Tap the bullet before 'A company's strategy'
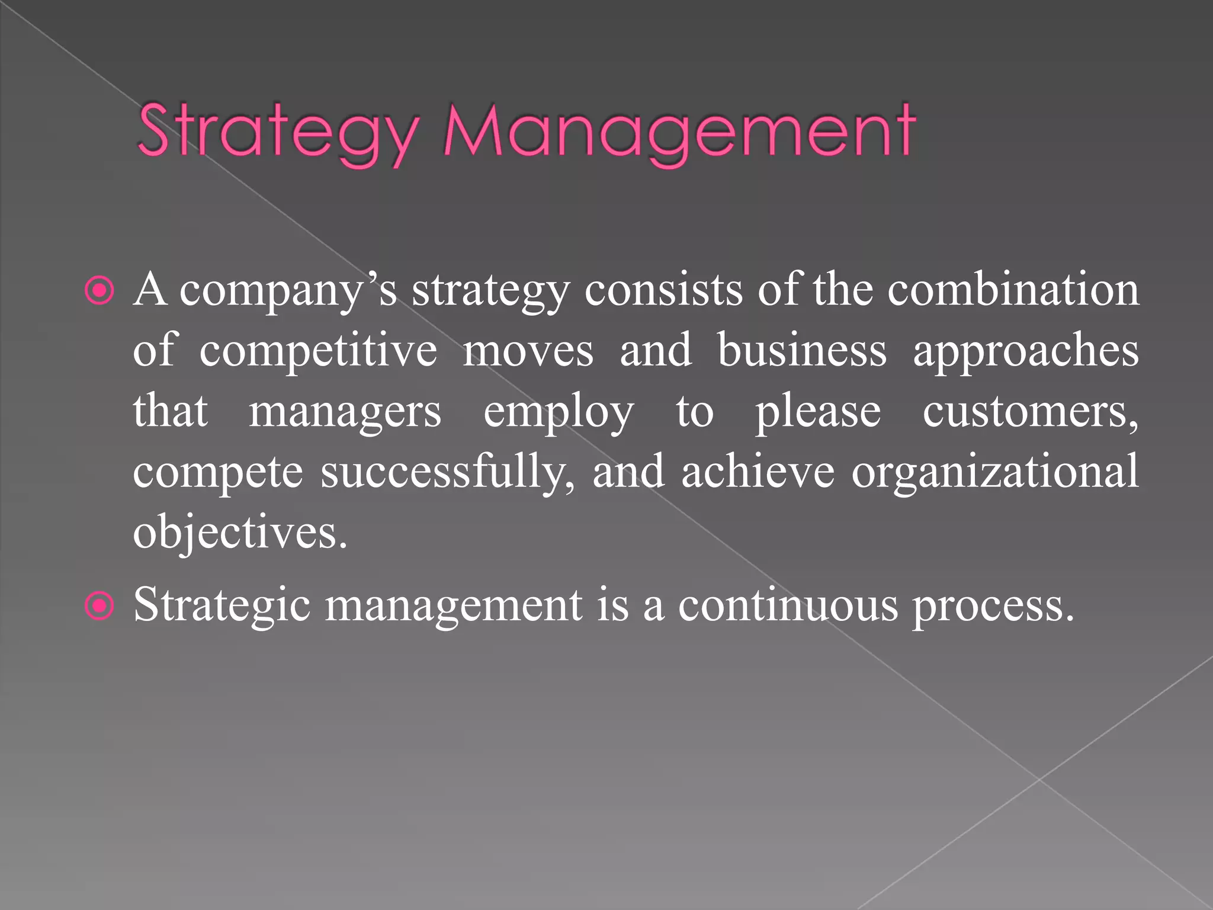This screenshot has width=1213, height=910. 100,290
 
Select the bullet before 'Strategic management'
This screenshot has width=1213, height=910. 100,605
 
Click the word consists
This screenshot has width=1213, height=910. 663,290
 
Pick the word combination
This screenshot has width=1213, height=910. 1013,290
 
